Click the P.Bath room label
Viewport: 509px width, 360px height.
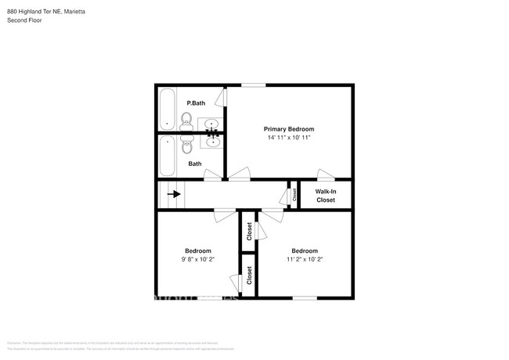click(x=195, y=103)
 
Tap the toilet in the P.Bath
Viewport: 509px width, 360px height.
click(x=186, y=119)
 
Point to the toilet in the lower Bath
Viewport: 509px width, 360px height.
click(x=186, y=146)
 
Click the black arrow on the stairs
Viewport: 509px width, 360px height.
click(x=173, y=194)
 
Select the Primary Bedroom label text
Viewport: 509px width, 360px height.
click(x=288, y=129)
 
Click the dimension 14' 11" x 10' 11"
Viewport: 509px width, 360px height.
click(x=288, y=138)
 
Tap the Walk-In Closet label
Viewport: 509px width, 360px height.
click(x=325, y=196)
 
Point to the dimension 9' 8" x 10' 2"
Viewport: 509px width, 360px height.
click(x=198, y=259)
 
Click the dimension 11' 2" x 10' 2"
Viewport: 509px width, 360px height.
click(x=305, y=259)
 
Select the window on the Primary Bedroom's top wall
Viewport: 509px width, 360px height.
click(x=252, y=85)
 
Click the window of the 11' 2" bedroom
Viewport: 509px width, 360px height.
click(x=305, y=297)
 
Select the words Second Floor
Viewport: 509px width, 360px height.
click(x=25, y=20)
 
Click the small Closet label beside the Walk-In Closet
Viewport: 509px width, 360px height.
click(x=294, y=195)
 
